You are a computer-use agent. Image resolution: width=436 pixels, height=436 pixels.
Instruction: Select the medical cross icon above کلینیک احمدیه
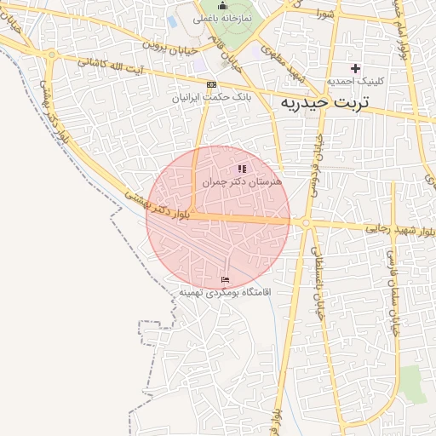pyautogui.click(x=355, y=67)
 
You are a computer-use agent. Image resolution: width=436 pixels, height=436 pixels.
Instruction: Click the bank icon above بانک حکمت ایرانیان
pyautogui.click(x=211, y=84)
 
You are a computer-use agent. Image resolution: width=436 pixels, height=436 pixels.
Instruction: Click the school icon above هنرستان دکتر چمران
pyautogui.click(x=242, y=169)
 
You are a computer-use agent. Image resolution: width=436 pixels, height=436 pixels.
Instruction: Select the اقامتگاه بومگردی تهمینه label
pyautogui.click(x=224, y=292)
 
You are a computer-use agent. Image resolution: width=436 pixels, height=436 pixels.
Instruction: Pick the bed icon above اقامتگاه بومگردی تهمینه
pyautogui.click(x=225, y=279)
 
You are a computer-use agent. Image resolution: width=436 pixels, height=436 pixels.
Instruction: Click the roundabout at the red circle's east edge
pyautogui.click(x=304, y=223)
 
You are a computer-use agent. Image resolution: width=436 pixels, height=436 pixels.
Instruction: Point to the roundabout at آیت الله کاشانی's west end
pyautogui.click(x=53, y=54)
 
